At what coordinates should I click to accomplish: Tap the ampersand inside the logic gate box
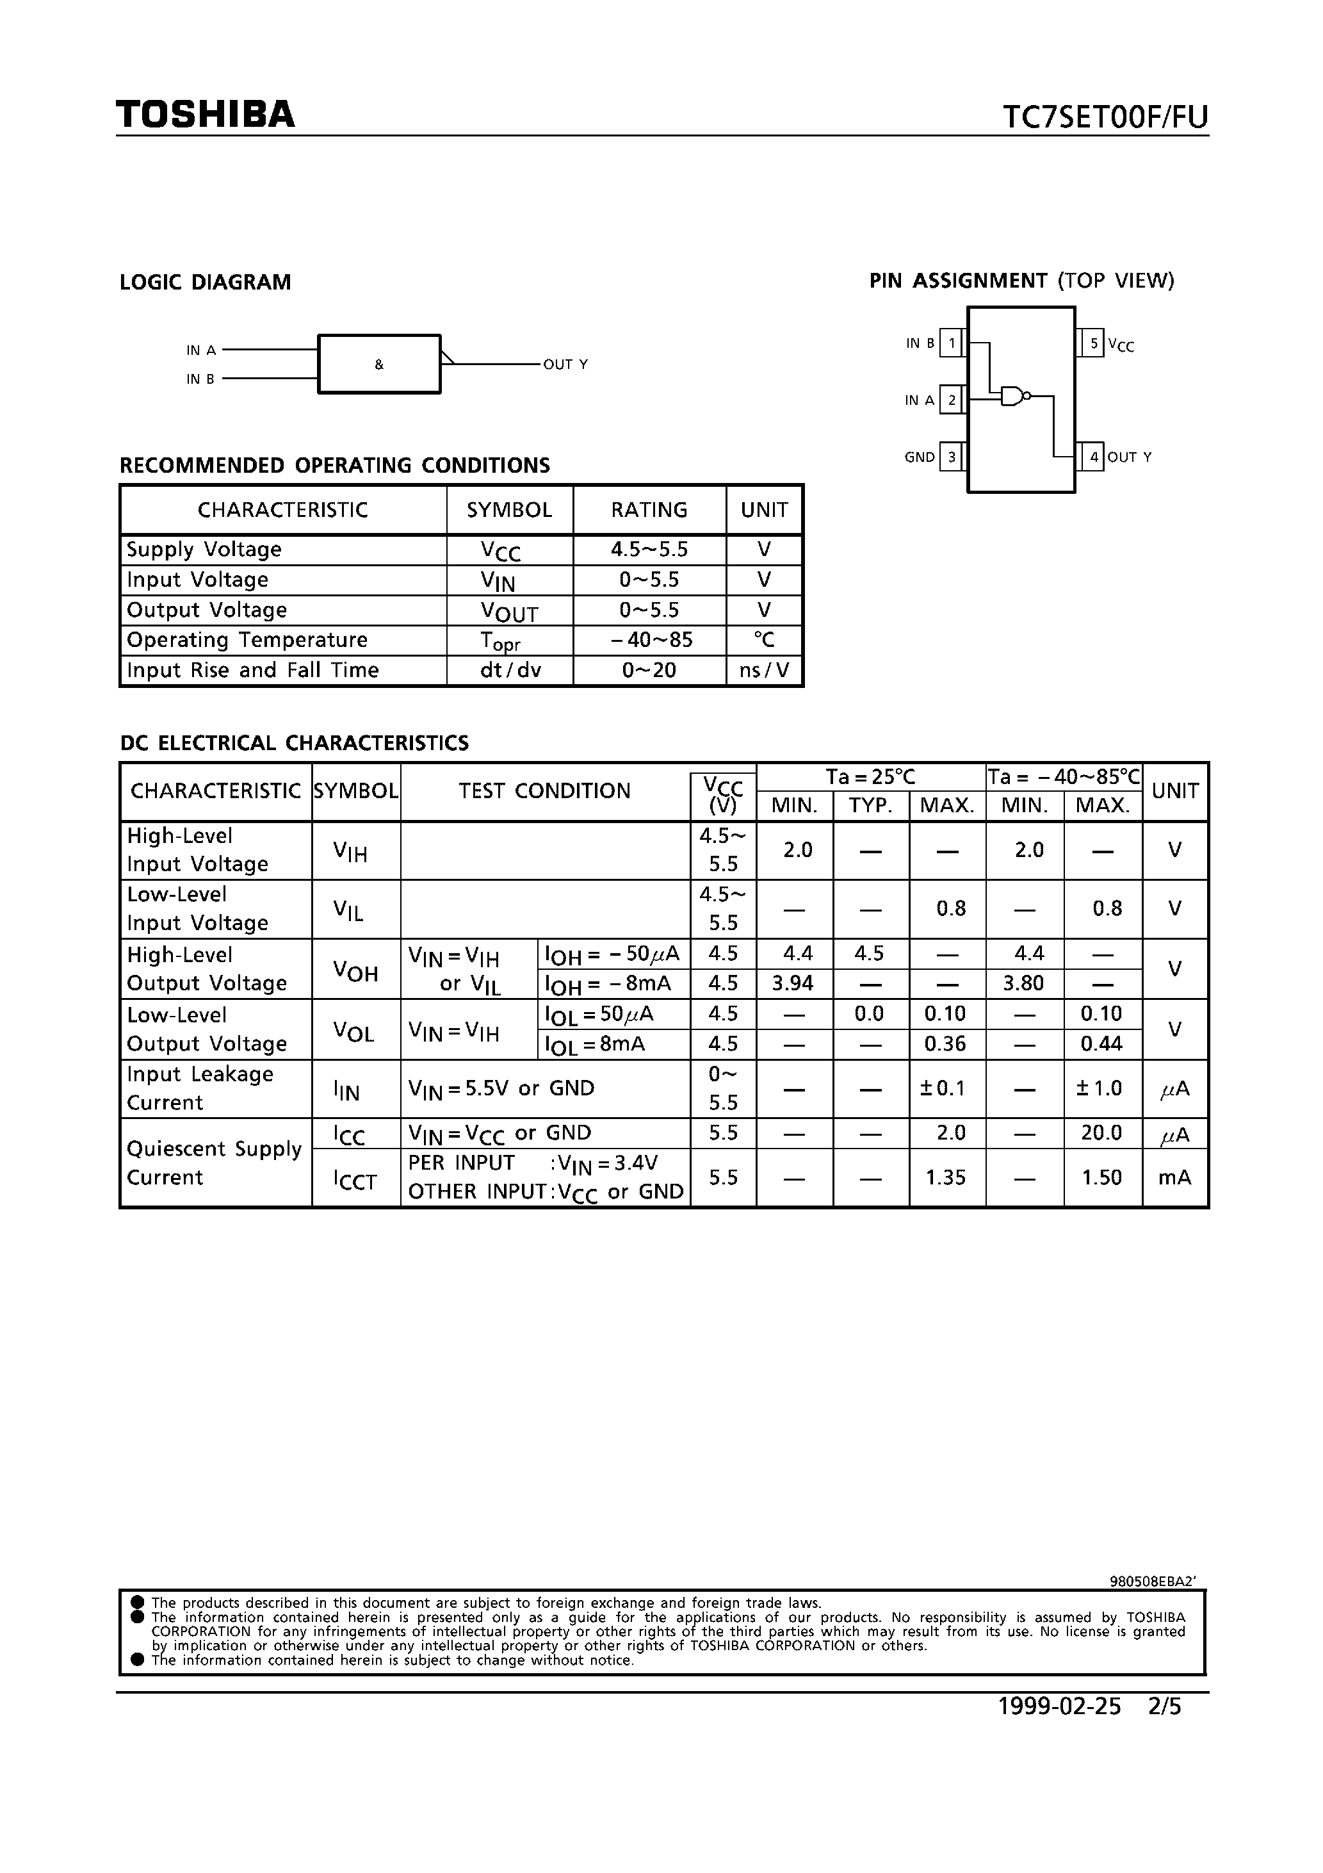point(379,364)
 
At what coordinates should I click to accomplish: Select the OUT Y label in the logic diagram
point(565,364)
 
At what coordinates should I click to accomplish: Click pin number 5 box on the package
point(1094,343)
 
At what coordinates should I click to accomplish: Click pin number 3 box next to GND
point(951,457)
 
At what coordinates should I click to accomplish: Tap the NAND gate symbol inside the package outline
point(1014,397)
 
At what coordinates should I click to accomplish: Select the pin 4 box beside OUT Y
point(1094,457)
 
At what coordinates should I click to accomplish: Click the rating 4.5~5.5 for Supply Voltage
point(649,549)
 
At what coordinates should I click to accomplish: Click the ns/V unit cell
point(764,670)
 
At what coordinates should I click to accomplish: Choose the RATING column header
point(649,510)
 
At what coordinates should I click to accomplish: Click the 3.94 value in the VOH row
point(793,983)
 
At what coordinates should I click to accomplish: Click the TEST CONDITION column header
point(544,790)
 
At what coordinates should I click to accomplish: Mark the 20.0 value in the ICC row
point(1101,1133)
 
